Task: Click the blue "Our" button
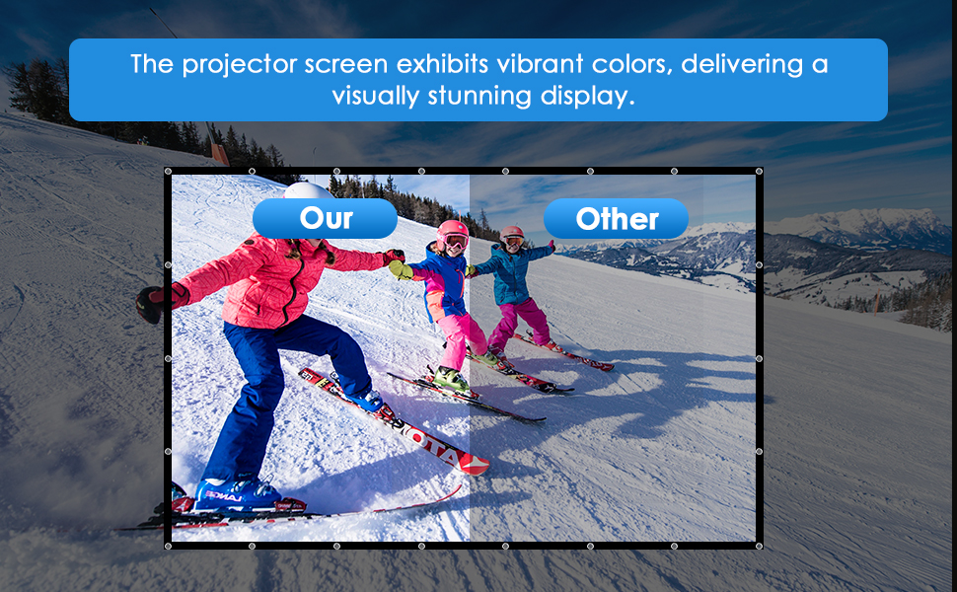325,218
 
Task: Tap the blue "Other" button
616,218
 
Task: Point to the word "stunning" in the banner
479,97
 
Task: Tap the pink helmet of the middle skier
452,232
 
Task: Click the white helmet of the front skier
308,190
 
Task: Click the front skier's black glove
150,304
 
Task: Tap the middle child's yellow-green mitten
401,269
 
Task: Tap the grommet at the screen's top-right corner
759,172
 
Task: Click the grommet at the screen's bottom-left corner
168,546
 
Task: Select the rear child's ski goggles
513,242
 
